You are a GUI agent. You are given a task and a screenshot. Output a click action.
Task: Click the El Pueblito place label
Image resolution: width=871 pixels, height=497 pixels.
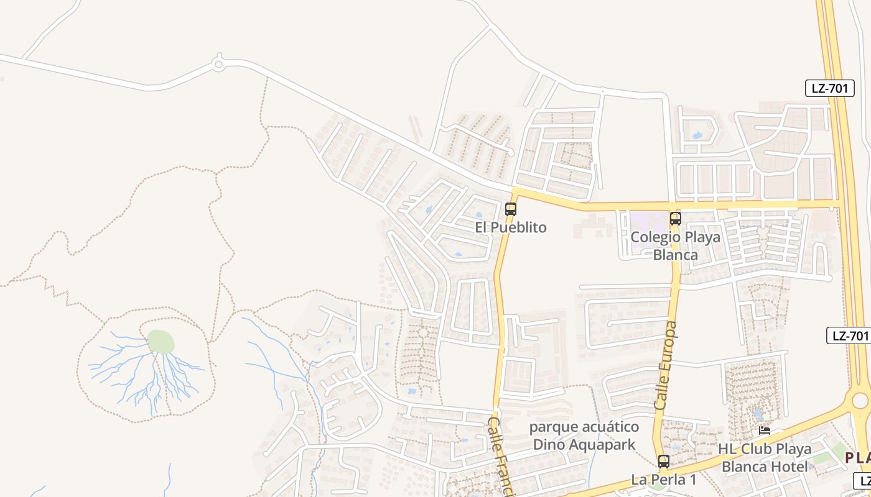point(511,227)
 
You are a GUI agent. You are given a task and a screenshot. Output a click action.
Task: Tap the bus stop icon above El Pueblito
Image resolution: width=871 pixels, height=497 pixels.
point(511,209)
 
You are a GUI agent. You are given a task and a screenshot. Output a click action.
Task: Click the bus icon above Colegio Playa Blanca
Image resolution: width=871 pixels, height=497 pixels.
point(676,219)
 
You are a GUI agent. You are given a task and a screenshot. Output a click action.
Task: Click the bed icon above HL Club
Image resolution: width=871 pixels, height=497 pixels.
point(765,430)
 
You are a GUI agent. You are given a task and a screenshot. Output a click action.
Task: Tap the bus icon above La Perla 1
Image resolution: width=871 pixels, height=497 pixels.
point(664,462)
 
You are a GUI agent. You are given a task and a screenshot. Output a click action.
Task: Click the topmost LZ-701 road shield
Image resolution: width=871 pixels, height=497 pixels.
point(830,88)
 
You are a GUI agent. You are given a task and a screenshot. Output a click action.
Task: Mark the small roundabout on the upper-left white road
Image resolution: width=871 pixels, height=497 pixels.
point(218,63)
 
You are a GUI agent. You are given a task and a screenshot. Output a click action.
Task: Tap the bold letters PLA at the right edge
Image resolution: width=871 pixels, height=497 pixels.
point(857,458)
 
